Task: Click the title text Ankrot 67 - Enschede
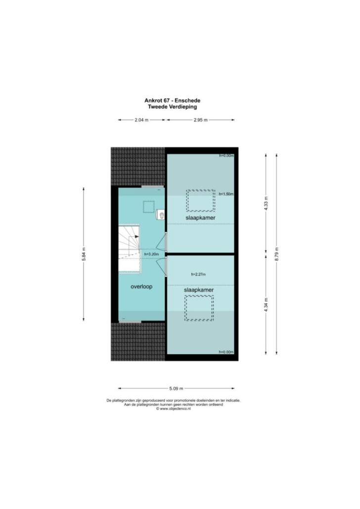click(x=172, y=101)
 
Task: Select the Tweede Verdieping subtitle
click(x=172, y=106)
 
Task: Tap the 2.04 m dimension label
click(x=141, y=120)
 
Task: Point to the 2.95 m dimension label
click(x=200, y=120)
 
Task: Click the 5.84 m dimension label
click(x=84, y=254)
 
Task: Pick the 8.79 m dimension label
click(x=276, y=254)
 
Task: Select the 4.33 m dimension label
click(x=266, y=204)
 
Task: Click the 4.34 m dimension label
click(x=266, y=305)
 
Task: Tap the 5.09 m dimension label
click(x=176, y=388)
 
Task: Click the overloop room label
click(x=141, y=287)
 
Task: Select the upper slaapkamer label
click(x=200, y=218)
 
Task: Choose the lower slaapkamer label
click(x=199, y=290)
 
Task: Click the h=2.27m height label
click(x=198, y=274)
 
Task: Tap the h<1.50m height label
click(x=226, y=194)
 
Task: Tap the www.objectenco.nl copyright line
click(x=173, y=409)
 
